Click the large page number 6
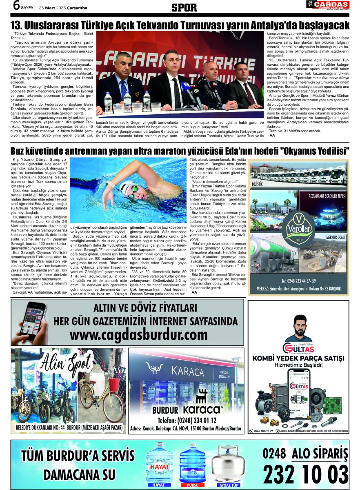coord(17,6)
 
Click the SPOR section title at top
coord(184,7)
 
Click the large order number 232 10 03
coord(305,474)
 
